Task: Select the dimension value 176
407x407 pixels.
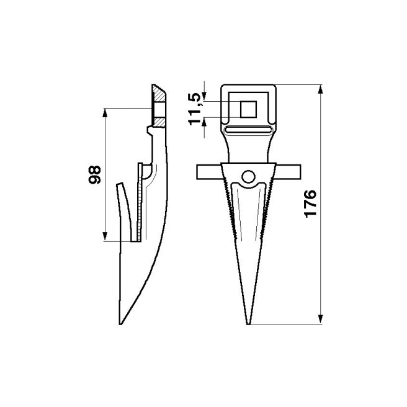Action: pyautogui.click(x=310, y=203)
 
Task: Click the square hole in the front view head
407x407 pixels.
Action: pyautogui.click(x=249, y=109)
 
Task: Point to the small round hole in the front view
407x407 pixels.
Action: pyautogui.click(x=249, y=177)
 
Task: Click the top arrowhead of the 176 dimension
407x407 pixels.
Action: pyautogui.click(x=320, y=88)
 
